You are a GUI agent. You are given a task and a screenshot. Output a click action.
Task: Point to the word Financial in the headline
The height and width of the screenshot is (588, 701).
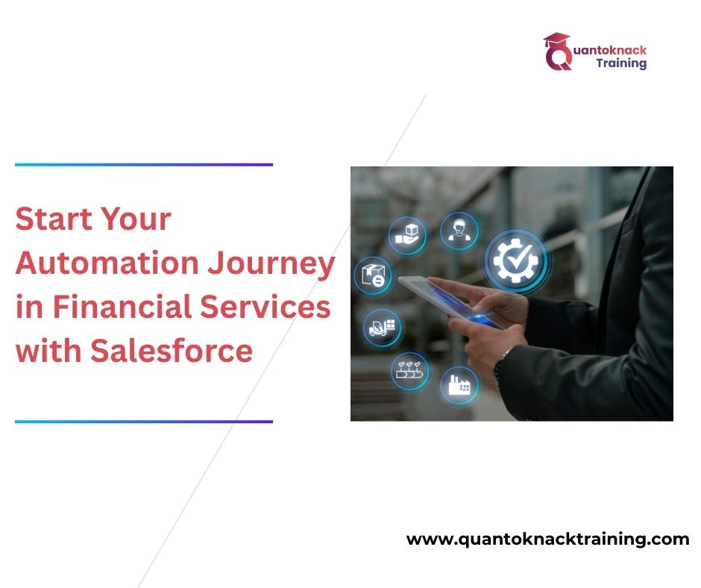(x=126, y=307)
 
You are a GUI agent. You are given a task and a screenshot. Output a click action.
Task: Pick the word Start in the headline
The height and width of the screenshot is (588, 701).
(x=51, y=220)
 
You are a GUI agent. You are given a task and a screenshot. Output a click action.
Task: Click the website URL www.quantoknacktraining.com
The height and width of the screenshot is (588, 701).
(x=547, y=539)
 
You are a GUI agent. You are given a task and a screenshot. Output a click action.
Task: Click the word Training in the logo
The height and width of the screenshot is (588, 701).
(x=621, y=63)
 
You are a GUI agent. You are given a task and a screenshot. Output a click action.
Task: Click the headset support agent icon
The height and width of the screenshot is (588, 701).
(x=456, y=229)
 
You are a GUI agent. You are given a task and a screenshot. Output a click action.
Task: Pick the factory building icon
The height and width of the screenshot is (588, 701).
(x=459, y=386)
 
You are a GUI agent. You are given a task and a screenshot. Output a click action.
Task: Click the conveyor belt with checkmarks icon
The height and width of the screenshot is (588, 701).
(x=409, y=369)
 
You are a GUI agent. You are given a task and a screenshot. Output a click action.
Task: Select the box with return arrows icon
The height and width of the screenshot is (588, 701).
(x=374, y=277)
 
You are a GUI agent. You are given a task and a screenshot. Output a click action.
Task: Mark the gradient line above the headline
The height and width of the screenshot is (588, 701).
(x=144, y=164)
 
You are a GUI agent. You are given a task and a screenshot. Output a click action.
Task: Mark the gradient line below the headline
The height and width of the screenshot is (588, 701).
(x=144, y=422)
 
